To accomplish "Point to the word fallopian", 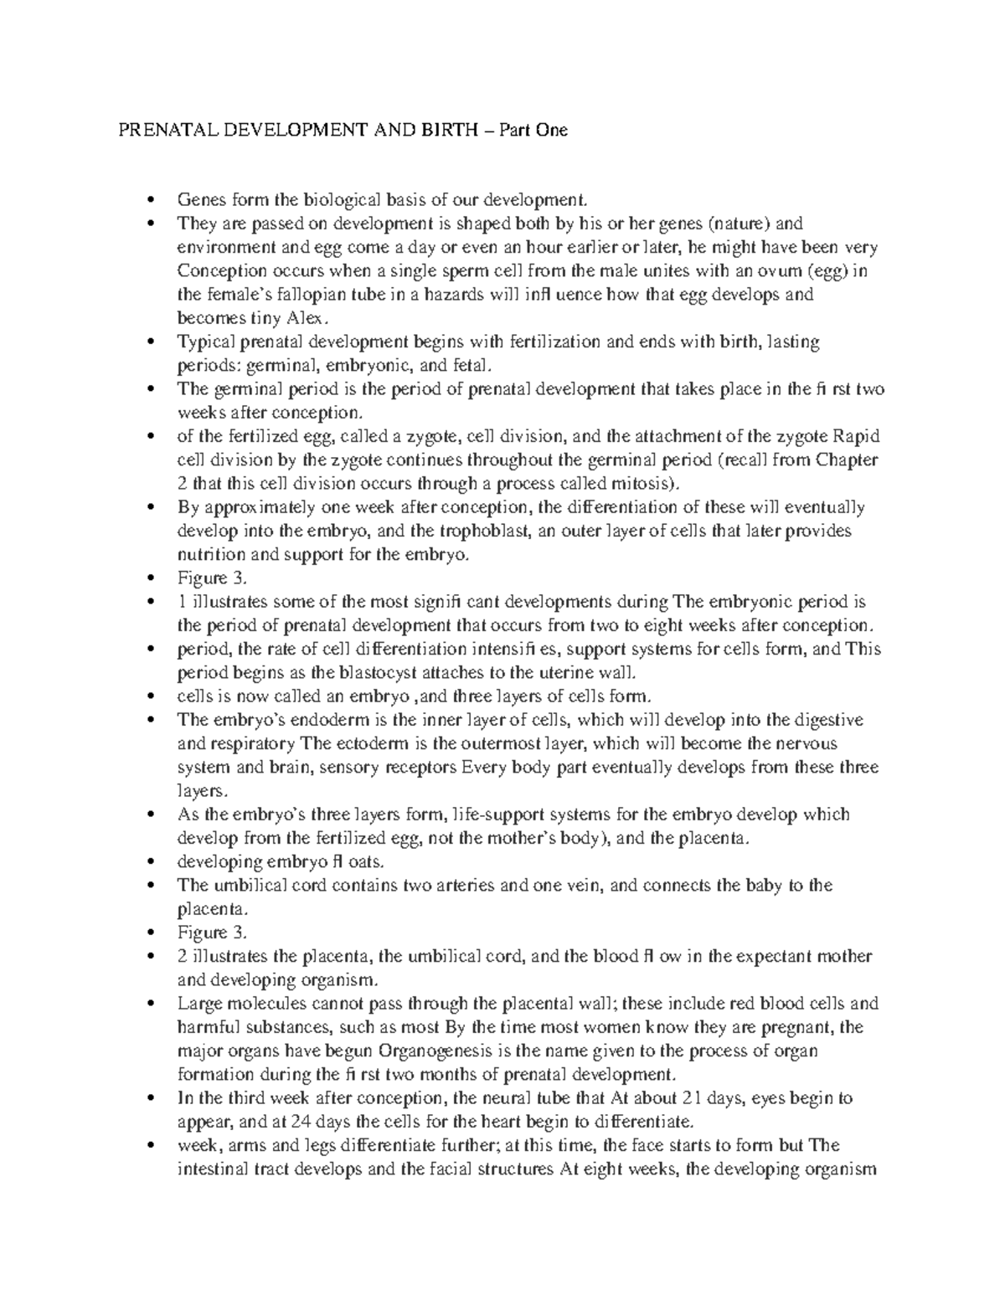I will [292, 295].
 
